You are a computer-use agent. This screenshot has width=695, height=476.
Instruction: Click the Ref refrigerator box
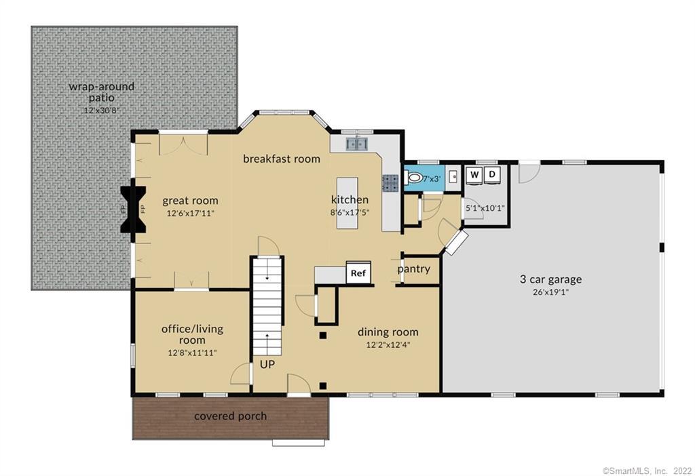point(358,273)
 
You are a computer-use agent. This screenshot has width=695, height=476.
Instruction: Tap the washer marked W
point(475,175)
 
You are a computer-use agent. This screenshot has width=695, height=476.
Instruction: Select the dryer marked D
point(493,175)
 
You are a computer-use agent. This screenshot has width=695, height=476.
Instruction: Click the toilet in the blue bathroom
point(414,178)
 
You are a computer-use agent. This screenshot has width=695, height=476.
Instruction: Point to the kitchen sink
point(357,143)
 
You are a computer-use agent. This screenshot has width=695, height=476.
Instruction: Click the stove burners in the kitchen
point(391,182)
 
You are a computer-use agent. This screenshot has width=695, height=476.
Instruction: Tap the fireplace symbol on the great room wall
point(133,210)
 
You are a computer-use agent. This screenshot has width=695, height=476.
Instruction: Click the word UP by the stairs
point(267,364)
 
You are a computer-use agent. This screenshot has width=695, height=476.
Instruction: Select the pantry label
point(414,269)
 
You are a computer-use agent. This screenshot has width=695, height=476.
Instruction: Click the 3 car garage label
point(550,279)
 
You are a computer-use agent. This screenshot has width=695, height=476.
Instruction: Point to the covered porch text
point(231,416)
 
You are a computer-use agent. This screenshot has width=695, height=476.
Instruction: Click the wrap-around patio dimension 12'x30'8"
point(101,110)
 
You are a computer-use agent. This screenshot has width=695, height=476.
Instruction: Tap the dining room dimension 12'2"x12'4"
point(388,344)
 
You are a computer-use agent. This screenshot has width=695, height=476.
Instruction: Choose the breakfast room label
point(282,159)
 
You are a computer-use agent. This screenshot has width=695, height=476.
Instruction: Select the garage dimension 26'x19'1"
point(550,293)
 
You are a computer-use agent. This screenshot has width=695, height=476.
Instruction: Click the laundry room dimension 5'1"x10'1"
point(485,207)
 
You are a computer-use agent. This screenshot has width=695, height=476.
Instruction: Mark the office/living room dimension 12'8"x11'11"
point(192,353)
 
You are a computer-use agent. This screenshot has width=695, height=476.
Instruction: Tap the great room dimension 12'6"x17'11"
point(190,214)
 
